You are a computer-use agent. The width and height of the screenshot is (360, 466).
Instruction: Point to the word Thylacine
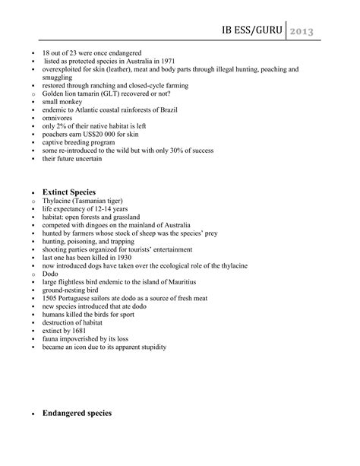point(58,202)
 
